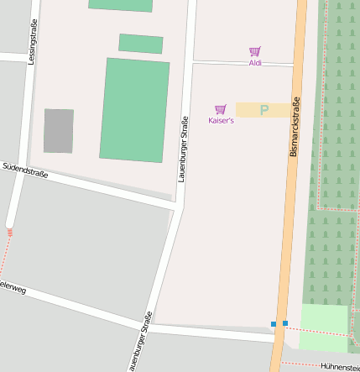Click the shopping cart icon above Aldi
[x=255, y=51]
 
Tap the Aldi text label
[x=255, y=63]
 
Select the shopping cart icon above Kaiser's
[x=221, y=109]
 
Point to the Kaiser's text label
[x=221, y=121]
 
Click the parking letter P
[x=264, y=110]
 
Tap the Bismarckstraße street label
[x=295, y=128]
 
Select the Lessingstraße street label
[x=32, y=42]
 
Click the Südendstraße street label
[x=25, y=171]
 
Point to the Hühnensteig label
[x=340, y=366]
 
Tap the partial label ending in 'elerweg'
[x=13, y=288]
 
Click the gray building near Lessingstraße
[x=59, y=131]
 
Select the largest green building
[x=134, y=109]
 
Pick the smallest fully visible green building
[x=141, y=43]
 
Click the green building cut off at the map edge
[x=121, y=5]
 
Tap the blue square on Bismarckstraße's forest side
[x=285, y=323]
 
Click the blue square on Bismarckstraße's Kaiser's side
[x=273, y=324]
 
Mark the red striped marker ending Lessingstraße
[x=9, y=233]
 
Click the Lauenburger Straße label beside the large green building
[x=182, y=149]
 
